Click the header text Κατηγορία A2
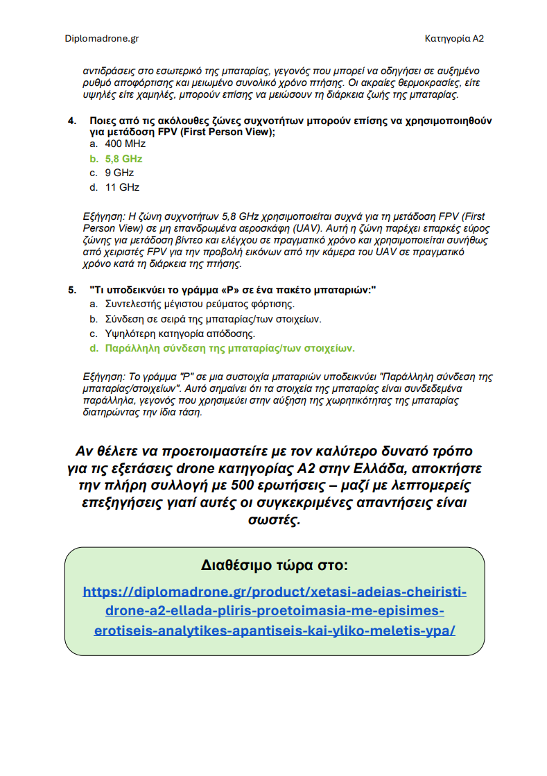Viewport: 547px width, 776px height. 453,39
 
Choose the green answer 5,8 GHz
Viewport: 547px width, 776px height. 123,158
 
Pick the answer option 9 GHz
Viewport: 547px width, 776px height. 119,173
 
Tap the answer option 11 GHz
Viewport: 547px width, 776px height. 122,187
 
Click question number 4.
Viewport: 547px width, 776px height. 71,121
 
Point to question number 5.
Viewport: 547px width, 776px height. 71,289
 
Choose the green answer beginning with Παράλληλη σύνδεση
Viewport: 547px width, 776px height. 229,348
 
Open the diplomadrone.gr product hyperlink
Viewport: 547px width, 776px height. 274,612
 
